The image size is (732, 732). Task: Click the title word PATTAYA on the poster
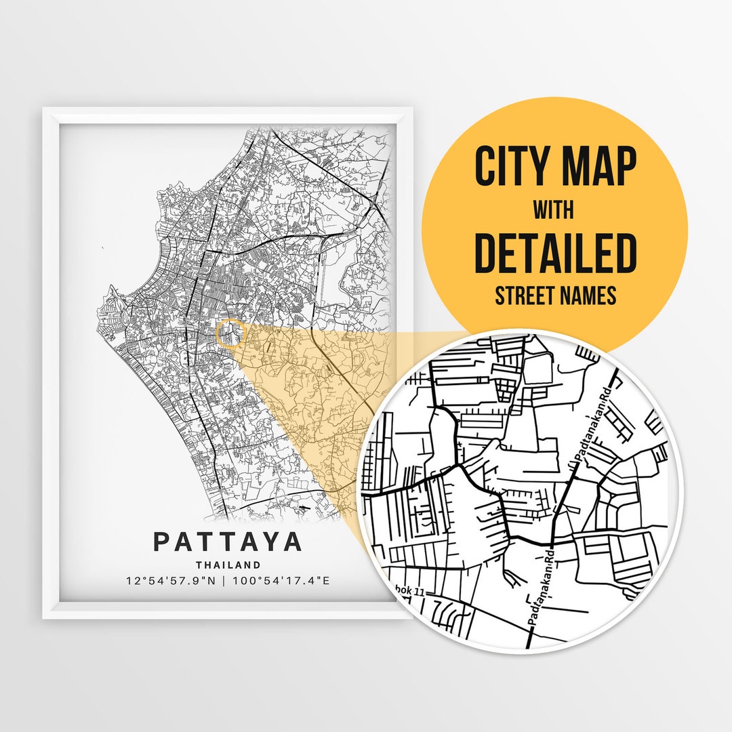pyautogui.click(x=228, y=542)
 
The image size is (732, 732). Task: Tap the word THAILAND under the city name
pyautogui.click(x=228, y=565)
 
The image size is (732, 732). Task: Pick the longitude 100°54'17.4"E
pyautogui.click(x=281, y=582)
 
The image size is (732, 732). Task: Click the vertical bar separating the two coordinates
pyautogui.click(x=225, y=582)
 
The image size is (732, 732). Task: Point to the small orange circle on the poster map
pyautogui.click(x=230, y=334)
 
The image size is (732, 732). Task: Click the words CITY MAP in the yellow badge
pyautogui.click(x=555, y=167)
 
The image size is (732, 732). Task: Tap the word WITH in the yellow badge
pyautogui.click(x=553, y=210)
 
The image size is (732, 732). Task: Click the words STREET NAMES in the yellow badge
pyautogui.click(x=555, y=296)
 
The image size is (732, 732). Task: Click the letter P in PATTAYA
pyautogui.click(x=161, y=542)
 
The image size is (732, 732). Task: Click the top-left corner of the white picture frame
pyautogui.click(x=43, y=108)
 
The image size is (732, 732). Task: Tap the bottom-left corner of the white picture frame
pyautogui.click(x=43, y=617)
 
